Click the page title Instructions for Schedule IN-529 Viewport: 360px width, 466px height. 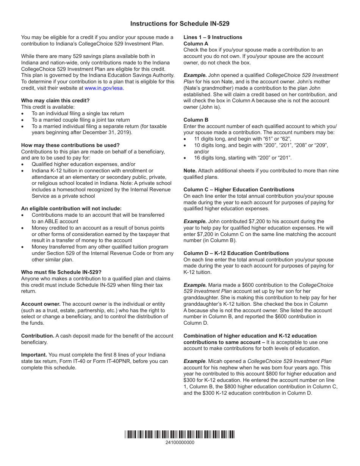[180, 23]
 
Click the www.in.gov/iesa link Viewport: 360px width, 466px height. [104, 88]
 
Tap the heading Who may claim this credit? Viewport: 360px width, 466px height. [55, 100]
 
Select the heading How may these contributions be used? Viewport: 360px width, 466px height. [70, 145]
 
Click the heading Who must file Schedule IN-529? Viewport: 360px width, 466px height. [61, 272]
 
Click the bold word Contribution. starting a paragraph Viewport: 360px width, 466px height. [38, 336]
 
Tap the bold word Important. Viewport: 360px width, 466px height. [34, 355]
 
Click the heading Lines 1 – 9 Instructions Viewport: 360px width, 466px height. [213, 37]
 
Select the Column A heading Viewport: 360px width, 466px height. [196, 44]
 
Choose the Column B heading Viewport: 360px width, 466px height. [196, 120]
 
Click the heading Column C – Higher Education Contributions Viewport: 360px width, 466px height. [239, 189]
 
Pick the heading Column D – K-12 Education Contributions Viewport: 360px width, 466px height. [236, 253]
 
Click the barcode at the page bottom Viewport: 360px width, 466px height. [180, 434]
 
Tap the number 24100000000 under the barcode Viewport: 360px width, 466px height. [180, 443]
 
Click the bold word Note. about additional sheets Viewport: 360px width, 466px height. [190, 170]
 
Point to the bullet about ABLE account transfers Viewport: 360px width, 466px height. [98, 218]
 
